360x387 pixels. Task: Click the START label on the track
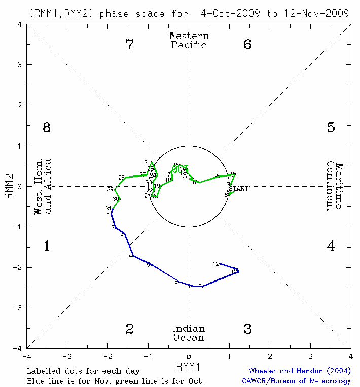[x=239, y=189]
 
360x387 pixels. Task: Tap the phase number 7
[x=130, y=45]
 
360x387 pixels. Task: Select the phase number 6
[x=247, y=45]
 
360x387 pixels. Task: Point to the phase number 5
[x=331, y=127]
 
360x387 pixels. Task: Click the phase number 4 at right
[x=331, y=247]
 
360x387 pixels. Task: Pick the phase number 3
[x=247, y=329]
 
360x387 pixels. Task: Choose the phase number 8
[x=46, y=127]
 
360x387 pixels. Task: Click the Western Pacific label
[x=189, y=40]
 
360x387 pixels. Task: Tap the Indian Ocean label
[x=189, y=333]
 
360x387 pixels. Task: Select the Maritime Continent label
[x=335, y=187]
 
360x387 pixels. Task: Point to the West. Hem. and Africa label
[x=43, y=187]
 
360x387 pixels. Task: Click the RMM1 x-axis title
[x=189, y=366]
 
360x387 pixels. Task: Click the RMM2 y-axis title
[x=9, y=187]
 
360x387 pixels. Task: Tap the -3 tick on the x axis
[x=67, y=356]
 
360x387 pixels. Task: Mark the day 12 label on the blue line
[x=216, y=264]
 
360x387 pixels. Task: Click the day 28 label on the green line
[x=121, y=178]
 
